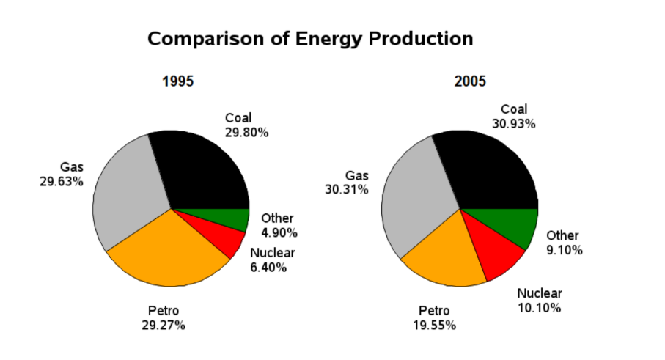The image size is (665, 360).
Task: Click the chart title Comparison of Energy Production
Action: coord(310,39)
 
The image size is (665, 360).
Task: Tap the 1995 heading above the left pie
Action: coord(177,81)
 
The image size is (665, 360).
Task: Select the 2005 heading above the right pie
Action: coord(470,81)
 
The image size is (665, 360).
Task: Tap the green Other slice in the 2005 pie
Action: coord(509,223)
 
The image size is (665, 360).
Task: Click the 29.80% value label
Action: coord(246,133)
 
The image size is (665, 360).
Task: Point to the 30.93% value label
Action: coord(513,124)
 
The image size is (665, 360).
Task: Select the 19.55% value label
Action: coord(434,326)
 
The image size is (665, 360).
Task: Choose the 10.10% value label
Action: coord(539,308)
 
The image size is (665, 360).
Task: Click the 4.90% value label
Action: coord(279,233)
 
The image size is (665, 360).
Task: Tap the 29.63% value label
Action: coord(62,182)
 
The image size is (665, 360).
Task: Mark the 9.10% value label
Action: coord(564,250)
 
